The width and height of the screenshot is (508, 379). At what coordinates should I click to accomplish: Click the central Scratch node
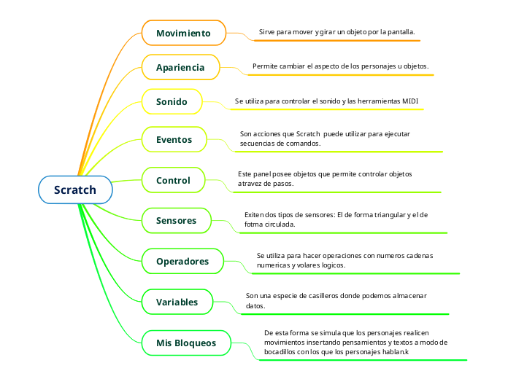75,190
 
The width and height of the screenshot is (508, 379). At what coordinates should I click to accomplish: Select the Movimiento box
183,34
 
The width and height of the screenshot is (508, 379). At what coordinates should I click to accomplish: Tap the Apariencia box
180,68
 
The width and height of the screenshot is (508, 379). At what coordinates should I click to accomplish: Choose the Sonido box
172,102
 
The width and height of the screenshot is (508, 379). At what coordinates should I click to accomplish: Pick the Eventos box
174,139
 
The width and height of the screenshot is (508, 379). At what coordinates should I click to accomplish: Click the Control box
173,180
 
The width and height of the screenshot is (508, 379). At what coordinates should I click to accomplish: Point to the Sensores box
176,220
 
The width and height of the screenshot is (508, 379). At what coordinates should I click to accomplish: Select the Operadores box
182,261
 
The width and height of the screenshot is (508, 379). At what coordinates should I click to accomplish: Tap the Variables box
177,302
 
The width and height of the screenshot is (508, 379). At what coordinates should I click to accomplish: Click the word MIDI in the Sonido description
411,101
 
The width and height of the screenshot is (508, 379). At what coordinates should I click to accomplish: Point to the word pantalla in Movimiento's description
399,32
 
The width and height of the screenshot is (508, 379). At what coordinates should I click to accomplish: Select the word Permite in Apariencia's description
265,66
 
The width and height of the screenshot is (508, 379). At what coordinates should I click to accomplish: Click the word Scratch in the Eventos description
309,134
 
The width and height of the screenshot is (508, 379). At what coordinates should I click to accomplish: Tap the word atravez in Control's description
250,184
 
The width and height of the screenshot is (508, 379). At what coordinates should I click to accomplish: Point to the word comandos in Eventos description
304,144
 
